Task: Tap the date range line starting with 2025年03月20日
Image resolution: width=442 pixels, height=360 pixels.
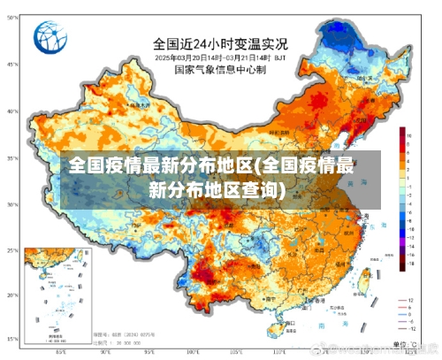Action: point(219,56)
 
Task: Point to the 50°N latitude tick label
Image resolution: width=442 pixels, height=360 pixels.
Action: point(12,64)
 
